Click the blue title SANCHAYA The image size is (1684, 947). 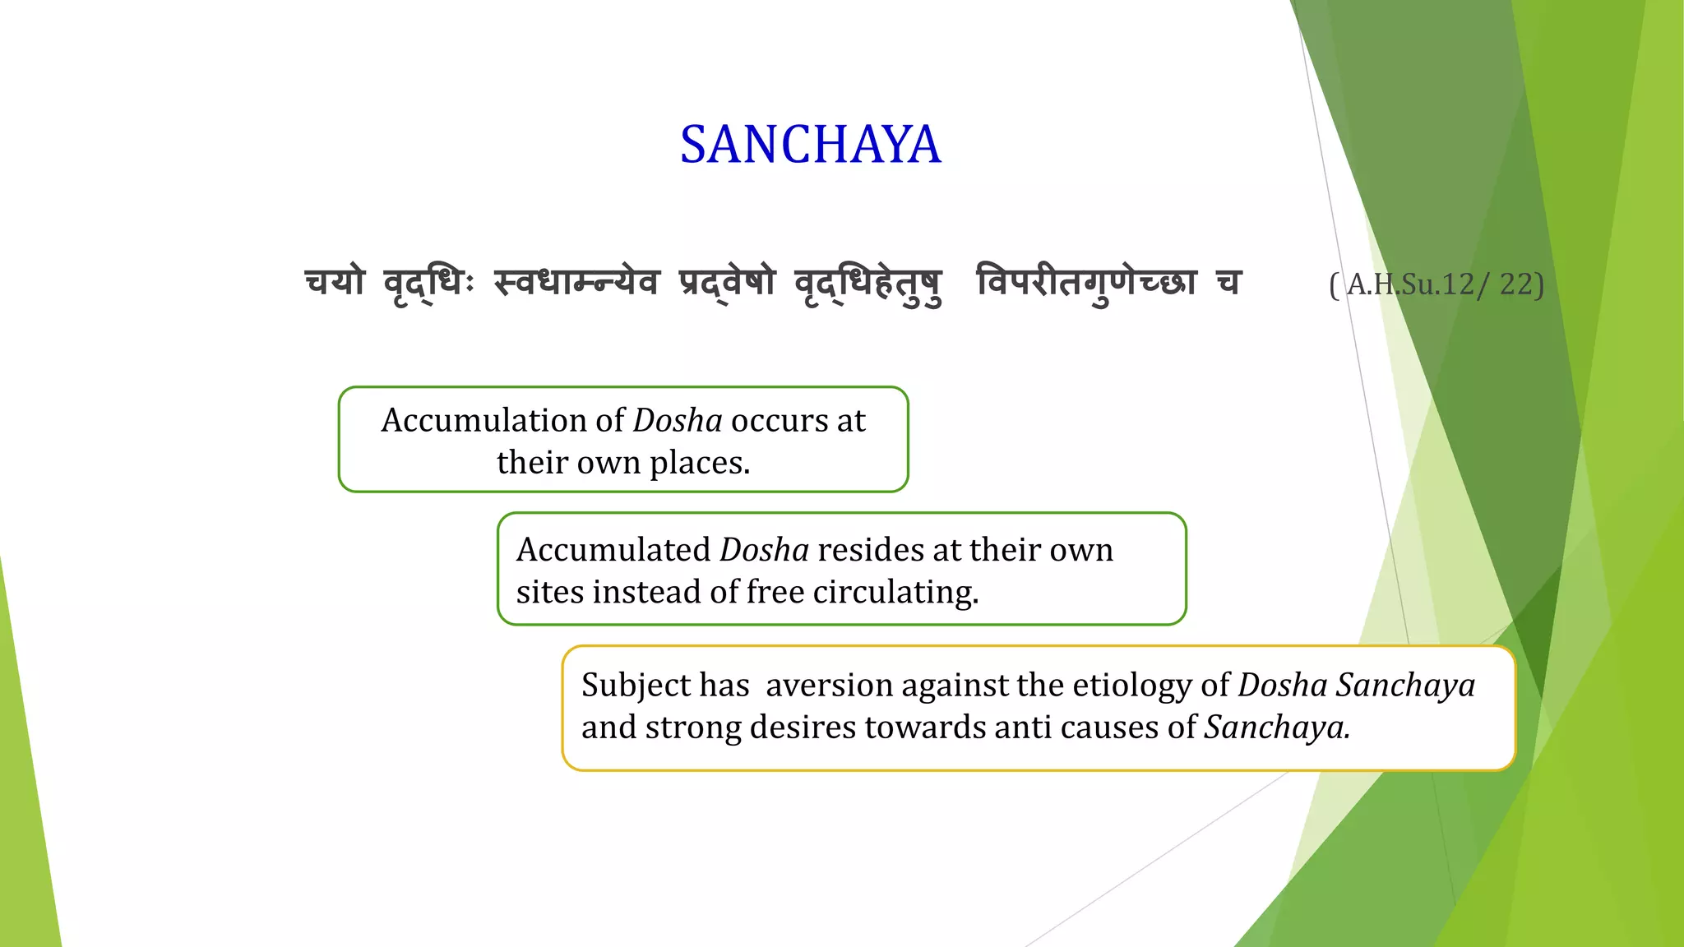(810, 145)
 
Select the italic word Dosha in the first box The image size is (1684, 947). (678, 421)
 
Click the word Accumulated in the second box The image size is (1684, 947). (613, 550)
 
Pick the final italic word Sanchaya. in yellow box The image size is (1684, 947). (1277, 728)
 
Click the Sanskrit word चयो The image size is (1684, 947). (335, 283)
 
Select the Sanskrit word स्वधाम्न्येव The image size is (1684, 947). (576, 283)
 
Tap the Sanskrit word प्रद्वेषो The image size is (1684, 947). (727, 283)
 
